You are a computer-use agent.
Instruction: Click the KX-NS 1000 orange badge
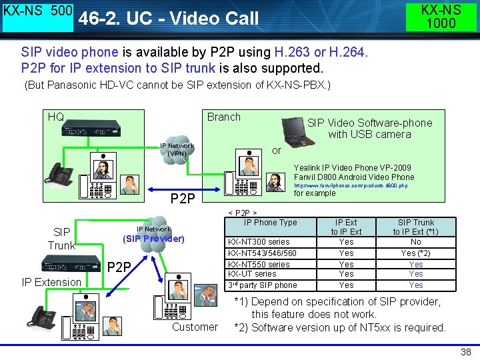click(x=441, y=17)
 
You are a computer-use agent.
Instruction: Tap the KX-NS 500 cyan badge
click(x=37, y=17)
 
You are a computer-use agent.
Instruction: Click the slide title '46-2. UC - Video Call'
click(x=168, y=18)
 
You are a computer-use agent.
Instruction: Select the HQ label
click(x=56, y=117)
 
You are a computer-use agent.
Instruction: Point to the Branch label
click(x=223, y=117)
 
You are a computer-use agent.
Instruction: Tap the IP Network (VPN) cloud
click(x=177, y=150)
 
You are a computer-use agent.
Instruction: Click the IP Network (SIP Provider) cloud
click(x=153, y=233)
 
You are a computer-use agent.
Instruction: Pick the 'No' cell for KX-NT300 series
click(x=415, y=242)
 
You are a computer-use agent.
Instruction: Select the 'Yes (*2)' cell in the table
click(x=415, y=253)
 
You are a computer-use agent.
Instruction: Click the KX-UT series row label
click(x=252, y=274)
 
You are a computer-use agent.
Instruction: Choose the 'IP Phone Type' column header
click(x=270, y=223)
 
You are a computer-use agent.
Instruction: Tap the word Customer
click(x=195, y=327)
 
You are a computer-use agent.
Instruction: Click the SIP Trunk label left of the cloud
click(x=61, y=239)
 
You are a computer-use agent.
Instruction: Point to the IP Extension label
click(x=51, y=282)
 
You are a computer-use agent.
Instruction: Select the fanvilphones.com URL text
click(x=351, y=185)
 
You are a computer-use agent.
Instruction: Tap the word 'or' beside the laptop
click(x=277, y=151)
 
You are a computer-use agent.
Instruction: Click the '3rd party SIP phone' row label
click(x=263, y=285)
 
